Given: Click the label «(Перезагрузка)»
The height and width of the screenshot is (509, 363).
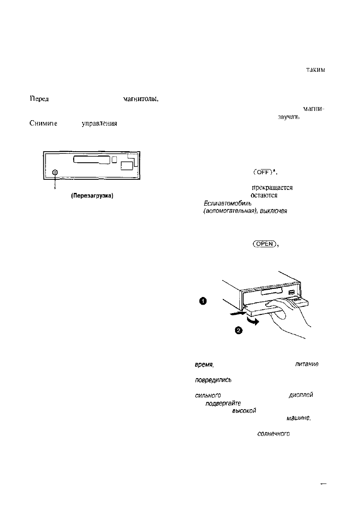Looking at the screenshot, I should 91,196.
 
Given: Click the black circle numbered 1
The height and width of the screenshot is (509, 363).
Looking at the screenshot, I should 203,301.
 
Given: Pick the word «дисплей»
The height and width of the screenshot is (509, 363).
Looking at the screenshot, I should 301,395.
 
